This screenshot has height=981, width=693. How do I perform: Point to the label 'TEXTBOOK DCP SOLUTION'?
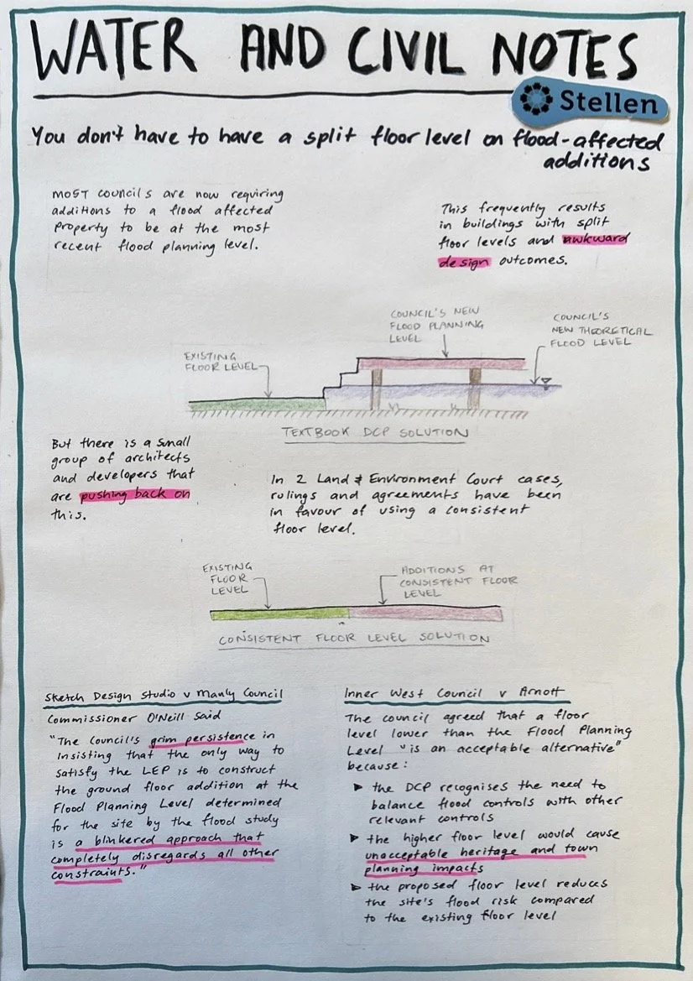(373, 433)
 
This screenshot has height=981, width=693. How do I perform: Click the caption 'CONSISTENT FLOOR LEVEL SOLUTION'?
(352, 639)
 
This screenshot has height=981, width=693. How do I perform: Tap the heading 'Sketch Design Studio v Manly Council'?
(164, 697)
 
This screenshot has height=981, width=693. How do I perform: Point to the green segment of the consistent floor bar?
(279, 613)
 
